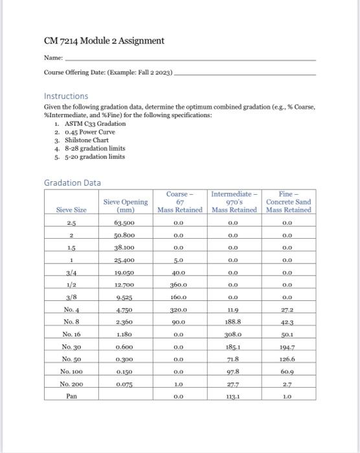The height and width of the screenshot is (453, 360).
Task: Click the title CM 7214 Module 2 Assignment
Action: (x=104, y=41)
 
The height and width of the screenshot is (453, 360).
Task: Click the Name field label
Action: (x=53, y=58)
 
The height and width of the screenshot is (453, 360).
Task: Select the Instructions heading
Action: (x=66, y=95)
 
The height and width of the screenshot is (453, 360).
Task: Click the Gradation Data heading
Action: (x=72, y=183)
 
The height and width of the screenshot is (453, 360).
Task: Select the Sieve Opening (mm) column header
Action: (x=126, y=206)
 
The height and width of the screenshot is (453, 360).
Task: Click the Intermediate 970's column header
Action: (x=234, y=201)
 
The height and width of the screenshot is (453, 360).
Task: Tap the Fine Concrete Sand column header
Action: (x=289, y=201)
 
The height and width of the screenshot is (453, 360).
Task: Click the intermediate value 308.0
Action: (x=234, y=335)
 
